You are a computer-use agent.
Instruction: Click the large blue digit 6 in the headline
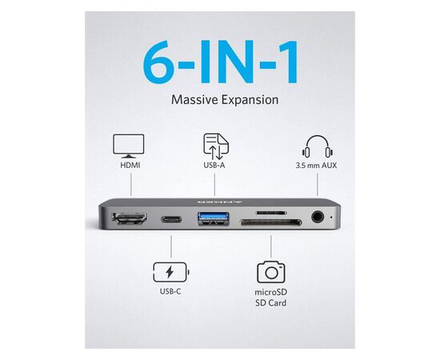[x=158, y=62]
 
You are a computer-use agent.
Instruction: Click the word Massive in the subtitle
[x=194, y=100]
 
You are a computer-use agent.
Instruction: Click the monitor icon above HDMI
[x=129, y=146]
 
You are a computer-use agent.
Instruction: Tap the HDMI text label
[x=130, y=165]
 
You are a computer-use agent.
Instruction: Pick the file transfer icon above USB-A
[x=216, y=146]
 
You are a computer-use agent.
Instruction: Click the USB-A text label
[x=214, y=165]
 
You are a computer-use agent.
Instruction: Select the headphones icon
[x=318, y=146]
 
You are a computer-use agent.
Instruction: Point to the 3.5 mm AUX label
[x=316, y=166]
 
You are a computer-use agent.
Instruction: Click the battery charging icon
[x=171, y=272]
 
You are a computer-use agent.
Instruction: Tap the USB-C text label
[x=170, y=291]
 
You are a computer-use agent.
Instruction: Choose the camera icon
[x=270, y=272]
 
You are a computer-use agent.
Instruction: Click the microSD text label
[x=270, y=292]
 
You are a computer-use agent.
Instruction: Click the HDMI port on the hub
[x=130, y=219]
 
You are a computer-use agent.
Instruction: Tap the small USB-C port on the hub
[x=171, y=219]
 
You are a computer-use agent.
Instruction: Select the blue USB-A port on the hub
[x=214, y=218]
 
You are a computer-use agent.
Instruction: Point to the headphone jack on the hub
[x=318, y=217]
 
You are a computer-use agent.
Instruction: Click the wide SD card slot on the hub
[x=270, y=223]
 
